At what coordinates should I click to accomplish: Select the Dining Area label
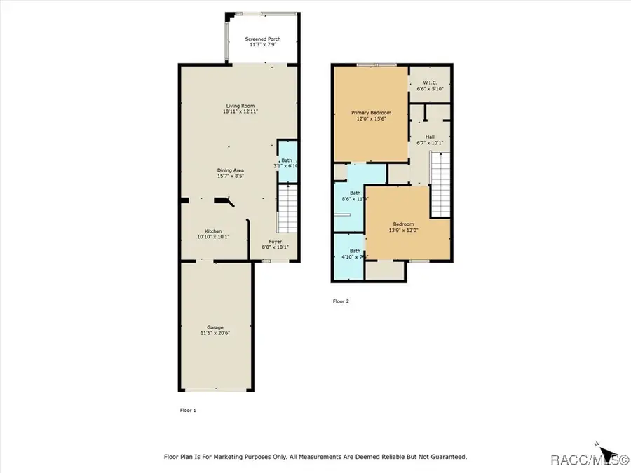click(x=230, y=170)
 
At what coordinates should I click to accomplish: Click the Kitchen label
click(x=213, y=231)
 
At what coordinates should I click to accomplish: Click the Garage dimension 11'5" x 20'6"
click(x=215, y=333)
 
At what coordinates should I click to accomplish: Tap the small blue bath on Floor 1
click(x=287, y=162)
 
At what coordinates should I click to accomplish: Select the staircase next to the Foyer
click(x=287, y=209)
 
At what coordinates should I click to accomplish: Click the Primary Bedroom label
click(x=371, y=113)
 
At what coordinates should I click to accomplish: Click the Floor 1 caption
click(x=188, y=410)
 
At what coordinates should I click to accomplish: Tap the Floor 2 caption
click(x=341, y=301)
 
